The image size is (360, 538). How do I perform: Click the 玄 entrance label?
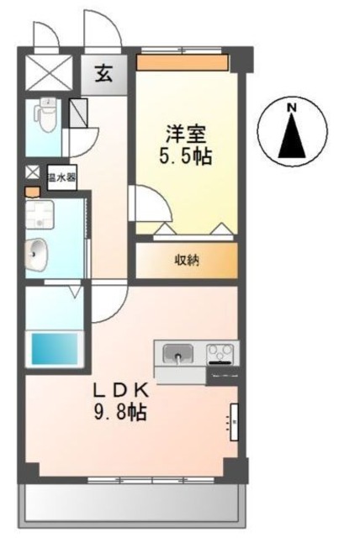pos(103,73)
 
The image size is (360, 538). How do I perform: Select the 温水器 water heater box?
pos(61,177)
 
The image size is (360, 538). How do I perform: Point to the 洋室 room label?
pos(186,134)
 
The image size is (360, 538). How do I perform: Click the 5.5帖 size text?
pos(185,156)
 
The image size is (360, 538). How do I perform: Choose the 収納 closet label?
pos(187,261)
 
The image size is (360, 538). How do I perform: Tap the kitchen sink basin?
pos(177,353)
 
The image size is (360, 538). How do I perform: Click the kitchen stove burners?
pos(220,353)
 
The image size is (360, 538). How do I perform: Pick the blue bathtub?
pos(55,349)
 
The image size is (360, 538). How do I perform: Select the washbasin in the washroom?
pos(36,254)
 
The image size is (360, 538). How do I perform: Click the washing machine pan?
pos(40,215)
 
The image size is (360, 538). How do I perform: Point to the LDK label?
pos(121,391)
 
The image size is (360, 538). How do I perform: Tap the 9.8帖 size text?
pos(120,412)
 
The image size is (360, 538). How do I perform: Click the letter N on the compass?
pos(292,108)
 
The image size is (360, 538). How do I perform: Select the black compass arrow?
pos(292,135)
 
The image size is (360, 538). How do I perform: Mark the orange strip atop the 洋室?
pos(183,63)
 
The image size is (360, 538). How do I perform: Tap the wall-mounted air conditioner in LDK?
pos(235,422)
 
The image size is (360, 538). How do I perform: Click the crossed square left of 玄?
pos(49,72)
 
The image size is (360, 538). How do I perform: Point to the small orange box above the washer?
pos(33,192)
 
